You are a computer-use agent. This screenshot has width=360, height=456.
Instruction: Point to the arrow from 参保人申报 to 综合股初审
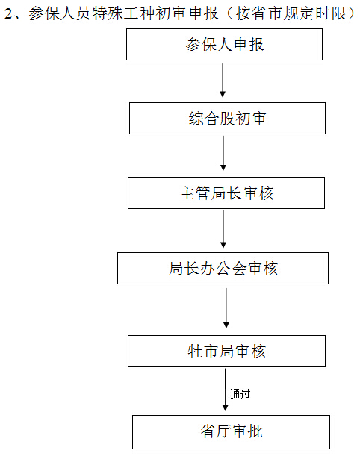(x=223, y=81)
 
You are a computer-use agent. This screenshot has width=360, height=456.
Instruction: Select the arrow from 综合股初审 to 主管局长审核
(x=223, y=153)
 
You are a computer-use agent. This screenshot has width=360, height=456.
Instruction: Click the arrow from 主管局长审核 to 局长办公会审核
(x=223, y=229)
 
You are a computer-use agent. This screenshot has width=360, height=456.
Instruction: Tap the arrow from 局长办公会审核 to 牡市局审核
(x=226, y=308)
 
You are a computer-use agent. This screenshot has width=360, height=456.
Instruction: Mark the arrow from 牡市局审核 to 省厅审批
(x=225, y=390)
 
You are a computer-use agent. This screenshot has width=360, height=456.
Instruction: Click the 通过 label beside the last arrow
(x=240, y=394)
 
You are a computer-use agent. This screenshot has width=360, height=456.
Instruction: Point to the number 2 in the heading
(x=8, y=13)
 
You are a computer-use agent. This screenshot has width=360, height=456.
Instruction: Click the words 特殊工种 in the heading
(x=123, y=13)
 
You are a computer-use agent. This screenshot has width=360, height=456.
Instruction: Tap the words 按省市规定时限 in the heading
(x=291, y=13)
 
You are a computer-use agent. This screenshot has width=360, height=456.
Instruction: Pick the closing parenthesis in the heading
(x=351, y=13)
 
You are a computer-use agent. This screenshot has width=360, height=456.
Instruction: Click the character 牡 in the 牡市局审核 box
(x=195, y=352)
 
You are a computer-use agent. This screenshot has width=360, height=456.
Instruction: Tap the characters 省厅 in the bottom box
(x=216, y=431)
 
